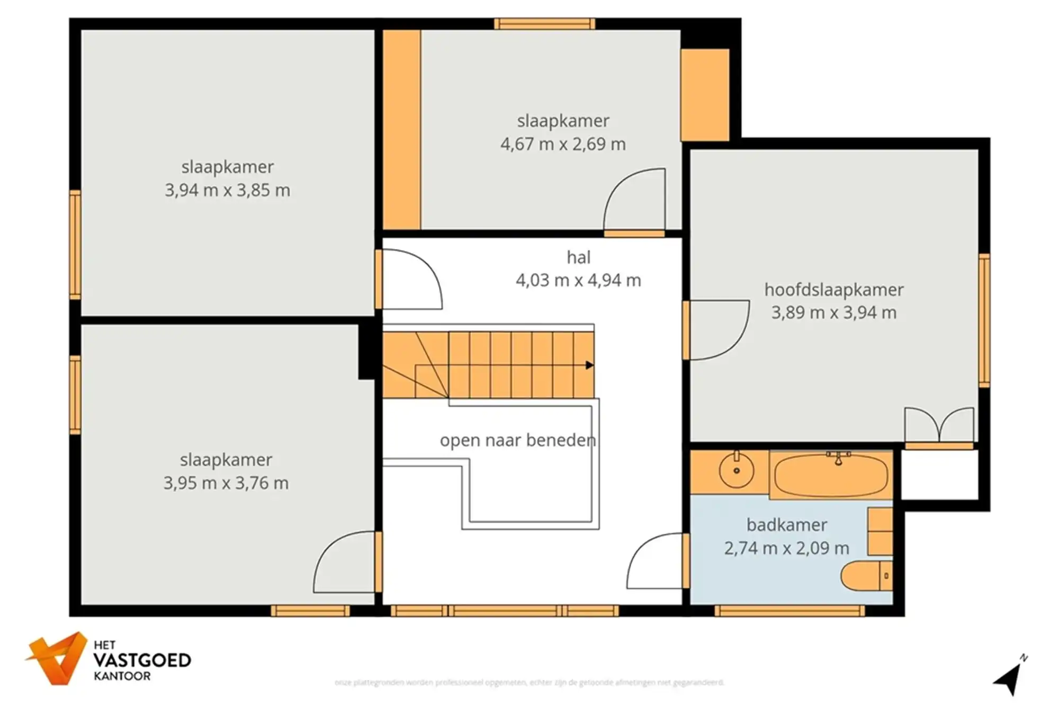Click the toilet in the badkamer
tap(866, 576)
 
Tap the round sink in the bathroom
tap(736, 470)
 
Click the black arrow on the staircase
tap(589, 365)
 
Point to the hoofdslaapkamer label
tap(833, 290)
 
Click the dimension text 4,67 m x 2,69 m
tap(563, 144)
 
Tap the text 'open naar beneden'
tap(517, 440)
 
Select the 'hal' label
tap(578, 257)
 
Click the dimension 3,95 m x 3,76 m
tap(226, 483)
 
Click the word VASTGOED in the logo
tap(142, 660)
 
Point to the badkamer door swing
tap(656, 561)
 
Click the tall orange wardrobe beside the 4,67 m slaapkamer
tap(401, 130)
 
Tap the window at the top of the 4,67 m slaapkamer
tap(544, 24)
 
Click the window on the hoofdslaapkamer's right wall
tap(984, 320)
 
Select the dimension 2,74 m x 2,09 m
tap(786, 548)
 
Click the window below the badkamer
tap(789, 611)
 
